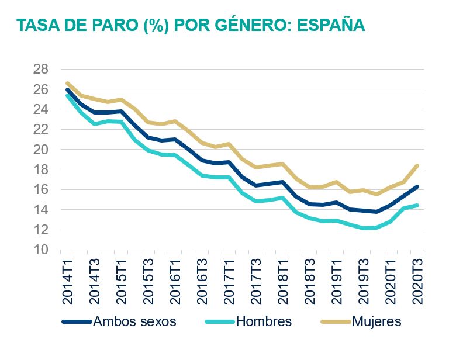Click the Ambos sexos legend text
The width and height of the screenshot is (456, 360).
[135, 321]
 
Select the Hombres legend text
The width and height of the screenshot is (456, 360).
[264, 321]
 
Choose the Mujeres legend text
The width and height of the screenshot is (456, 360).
[376, 321]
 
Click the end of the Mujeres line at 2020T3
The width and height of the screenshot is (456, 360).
[417, 165]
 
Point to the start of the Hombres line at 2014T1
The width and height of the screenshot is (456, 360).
[68, 95]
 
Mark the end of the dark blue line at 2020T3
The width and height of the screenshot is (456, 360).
[417, 186]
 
